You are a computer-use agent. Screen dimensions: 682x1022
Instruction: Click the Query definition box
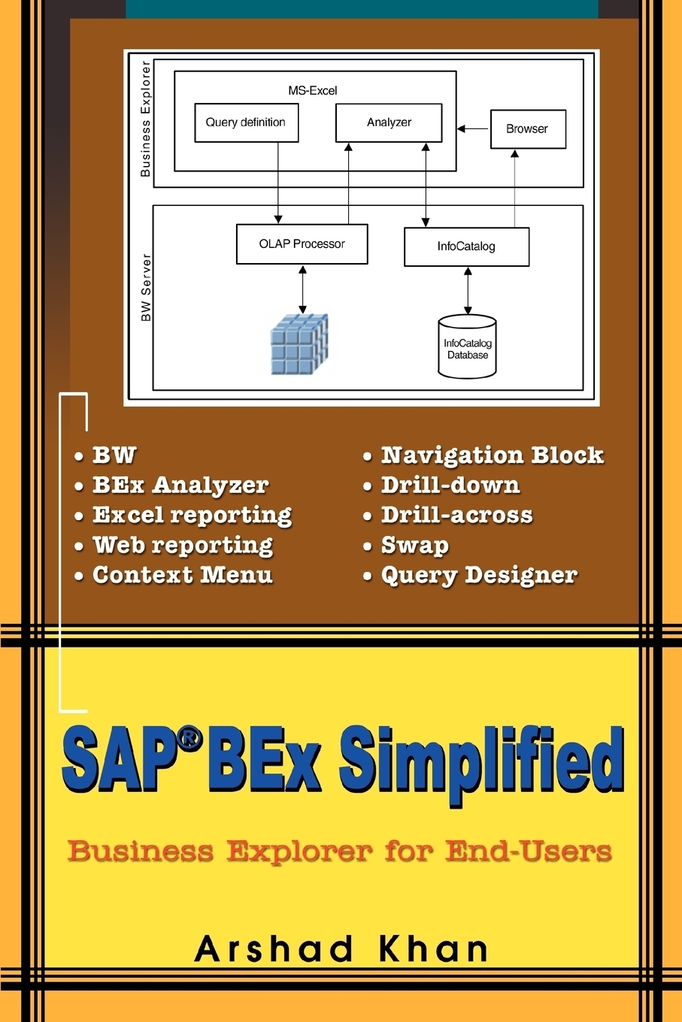247,122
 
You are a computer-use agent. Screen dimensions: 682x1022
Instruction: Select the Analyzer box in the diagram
389,122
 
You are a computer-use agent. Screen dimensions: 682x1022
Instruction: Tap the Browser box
528,129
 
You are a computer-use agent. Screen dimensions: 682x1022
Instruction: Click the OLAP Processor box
302,244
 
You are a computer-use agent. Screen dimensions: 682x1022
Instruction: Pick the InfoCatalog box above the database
466,246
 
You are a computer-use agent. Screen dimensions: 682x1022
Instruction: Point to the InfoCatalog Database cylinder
467,346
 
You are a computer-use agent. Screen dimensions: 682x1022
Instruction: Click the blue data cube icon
299,344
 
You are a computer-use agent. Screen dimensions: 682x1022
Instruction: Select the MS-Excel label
313,90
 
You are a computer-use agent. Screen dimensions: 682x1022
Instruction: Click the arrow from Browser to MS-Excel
473,129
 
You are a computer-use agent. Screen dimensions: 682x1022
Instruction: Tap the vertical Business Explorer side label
145,119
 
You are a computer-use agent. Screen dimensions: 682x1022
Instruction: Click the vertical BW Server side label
146,287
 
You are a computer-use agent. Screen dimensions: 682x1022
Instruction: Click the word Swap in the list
415,546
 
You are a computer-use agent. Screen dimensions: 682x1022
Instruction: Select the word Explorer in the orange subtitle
299,851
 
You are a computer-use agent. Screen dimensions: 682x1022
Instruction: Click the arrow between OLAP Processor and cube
302,289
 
